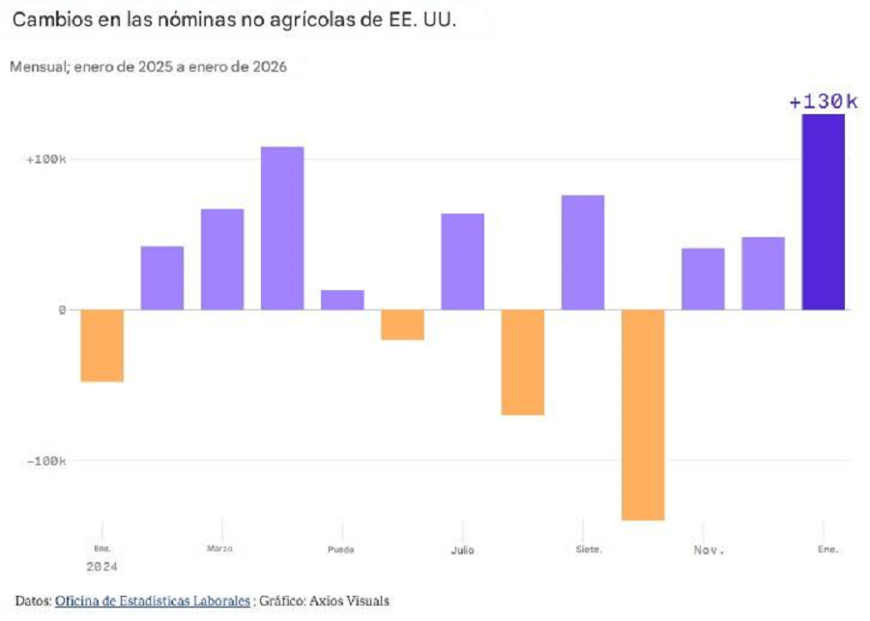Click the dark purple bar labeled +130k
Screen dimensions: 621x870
coord(823,212)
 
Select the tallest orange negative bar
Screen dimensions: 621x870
coord(643,414)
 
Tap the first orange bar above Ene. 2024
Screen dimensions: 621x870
coord(101,345)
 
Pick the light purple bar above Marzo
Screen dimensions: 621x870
coord(221,259)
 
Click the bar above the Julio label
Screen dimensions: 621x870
coord(462,261)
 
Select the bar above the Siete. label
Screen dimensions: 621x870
coord(583,252)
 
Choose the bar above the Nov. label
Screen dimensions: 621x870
coord(703,279)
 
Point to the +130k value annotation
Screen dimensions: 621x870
coord(823,102)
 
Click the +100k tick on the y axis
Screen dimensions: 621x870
coord(45,159)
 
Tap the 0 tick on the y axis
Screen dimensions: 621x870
coord(61,310)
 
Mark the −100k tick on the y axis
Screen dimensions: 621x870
coord(45,461)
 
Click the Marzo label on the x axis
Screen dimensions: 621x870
coord(219,548)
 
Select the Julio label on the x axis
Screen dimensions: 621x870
coord(462,549)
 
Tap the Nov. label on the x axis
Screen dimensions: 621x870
coord(709,549)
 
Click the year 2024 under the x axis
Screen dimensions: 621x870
coord(101,566)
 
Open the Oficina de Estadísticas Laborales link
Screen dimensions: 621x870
coord(152,601)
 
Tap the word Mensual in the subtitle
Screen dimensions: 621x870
coord(36,68)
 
